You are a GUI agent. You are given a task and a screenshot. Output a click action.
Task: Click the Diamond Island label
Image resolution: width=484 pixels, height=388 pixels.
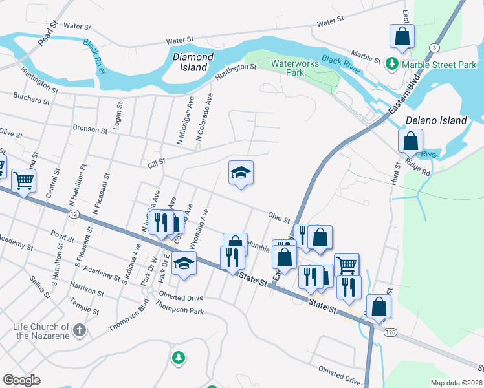(x=193, y=62)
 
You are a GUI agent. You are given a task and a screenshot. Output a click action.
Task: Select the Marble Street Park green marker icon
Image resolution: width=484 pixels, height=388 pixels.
(x=392, y=64)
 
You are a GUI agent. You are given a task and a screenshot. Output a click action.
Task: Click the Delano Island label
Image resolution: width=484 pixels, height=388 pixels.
(x=435, y=120)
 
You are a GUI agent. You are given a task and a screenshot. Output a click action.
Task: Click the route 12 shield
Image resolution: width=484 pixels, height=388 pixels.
(x=75, y=213)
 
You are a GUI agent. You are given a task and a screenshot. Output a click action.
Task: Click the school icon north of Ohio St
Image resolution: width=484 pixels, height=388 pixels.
(x=241, y=172)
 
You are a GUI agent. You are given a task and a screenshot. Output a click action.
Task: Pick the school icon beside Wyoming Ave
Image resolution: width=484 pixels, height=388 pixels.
(x=184, y=263)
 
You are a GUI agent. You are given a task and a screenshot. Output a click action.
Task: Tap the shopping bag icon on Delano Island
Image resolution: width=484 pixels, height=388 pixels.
(x=410, y=140)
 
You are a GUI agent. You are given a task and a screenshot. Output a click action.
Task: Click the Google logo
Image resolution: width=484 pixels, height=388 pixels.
(x=21, y=380)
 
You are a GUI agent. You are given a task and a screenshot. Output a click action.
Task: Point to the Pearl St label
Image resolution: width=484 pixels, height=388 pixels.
(x=49, y=33)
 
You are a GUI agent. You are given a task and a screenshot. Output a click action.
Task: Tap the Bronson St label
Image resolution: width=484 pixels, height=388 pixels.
(x=89, y=129)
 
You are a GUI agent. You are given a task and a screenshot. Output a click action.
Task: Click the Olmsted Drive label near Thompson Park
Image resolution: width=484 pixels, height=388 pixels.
(x=181, y=297)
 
